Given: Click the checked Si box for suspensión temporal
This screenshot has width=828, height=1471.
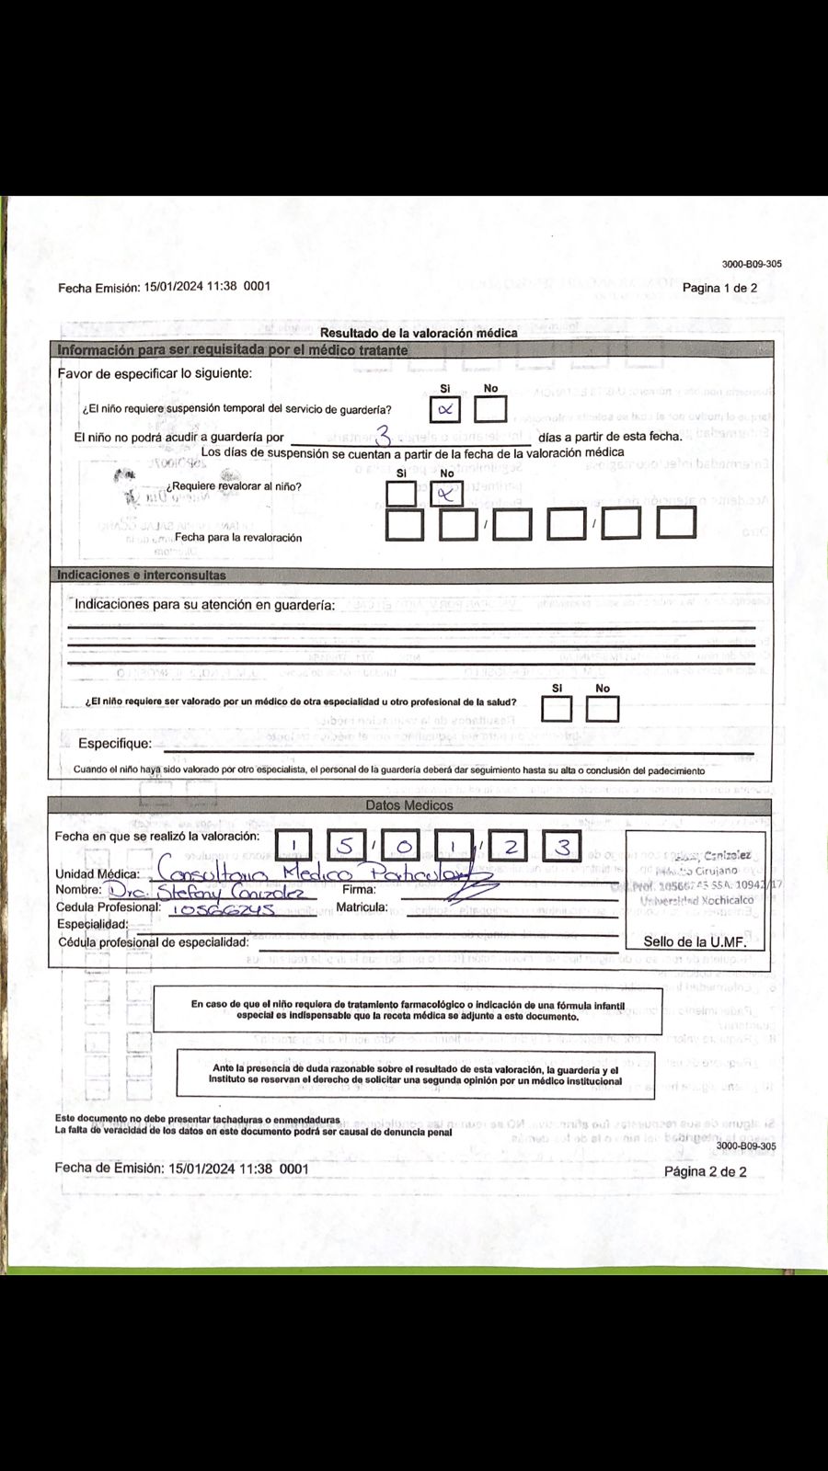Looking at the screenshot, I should (446, 409).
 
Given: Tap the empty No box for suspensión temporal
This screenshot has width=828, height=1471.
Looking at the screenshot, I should (490, 409).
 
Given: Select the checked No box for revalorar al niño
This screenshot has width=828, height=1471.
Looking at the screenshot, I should (447, 494).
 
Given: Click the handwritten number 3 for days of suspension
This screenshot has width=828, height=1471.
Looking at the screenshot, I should (384, 435).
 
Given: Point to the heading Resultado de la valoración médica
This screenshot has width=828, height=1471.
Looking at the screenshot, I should (419, 333).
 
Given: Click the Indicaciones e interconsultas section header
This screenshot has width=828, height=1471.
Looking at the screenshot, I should (142, 575).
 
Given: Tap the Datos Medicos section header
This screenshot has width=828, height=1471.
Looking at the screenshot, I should (409, 805).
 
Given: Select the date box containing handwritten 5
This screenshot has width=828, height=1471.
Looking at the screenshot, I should (345, 846).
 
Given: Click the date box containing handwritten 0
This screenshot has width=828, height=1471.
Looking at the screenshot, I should (403, 846).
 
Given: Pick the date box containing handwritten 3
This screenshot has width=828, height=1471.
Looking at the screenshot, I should (562, 846).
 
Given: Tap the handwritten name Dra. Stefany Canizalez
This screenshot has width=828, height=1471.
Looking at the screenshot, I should (212, 891).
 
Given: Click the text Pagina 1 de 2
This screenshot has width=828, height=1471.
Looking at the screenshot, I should (719, 288).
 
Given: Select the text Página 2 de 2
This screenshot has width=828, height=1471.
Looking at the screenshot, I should (705, 1171).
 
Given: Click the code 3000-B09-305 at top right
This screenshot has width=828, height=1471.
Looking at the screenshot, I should (752, 264).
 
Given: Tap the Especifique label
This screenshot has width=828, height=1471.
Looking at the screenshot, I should (114, 743).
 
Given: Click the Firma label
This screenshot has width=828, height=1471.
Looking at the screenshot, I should (359, 889).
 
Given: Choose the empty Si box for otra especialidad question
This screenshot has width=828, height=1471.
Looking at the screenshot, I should (557, 709).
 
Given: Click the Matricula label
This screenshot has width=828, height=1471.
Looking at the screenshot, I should (362, 907).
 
